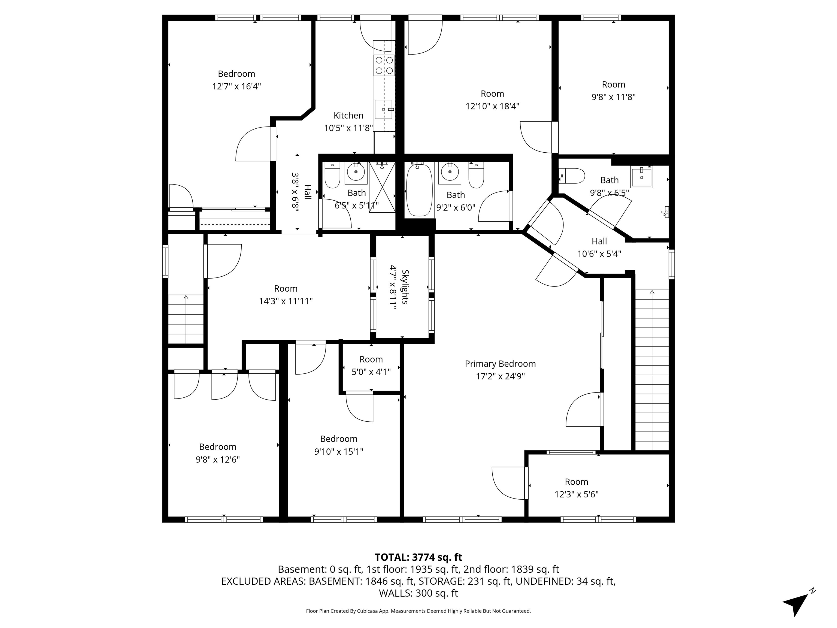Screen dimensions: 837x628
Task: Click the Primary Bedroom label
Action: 500,364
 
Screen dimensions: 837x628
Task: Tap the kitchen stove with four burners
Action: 384,65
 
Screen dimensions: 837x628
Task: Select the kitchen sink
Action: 384,109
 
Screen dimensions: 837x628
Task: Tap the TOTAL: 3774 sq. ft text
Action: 418,557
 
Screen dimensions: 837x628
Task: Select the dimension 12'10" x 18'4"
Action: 492,106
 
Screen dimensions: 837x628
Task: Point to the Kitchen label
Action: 348,116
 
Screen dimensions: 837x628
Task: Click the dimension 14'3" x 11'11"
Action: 286,301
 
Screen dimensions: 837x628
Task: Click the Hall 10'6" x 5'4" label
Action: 599,247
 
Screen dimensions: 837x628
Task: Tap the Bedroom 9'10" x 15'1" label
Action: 339,445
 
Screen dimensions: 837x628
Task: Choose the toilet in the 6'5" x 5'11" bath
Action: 333,175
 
